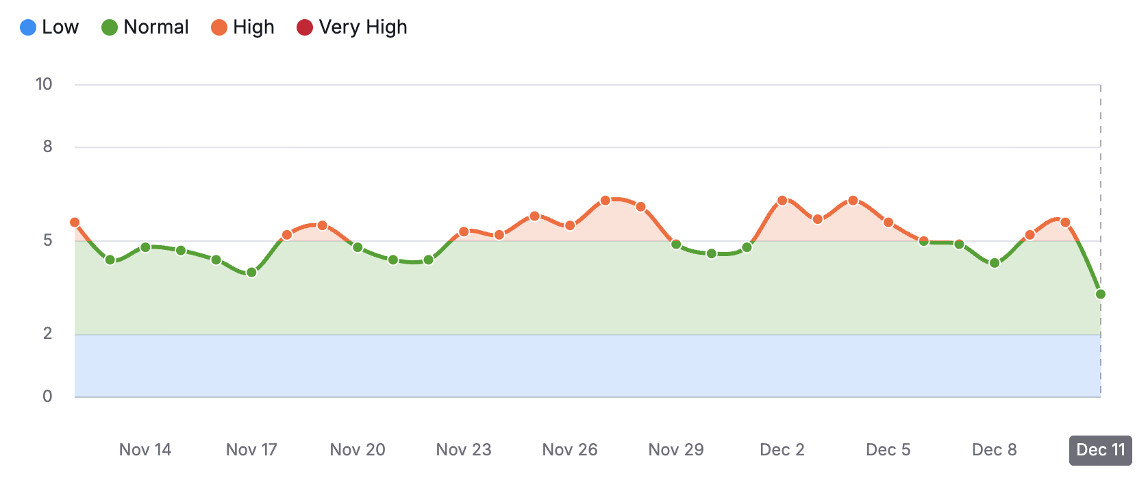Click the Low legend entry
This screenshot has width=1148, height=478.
49,27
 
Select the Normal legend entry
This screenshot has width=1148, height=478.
145,27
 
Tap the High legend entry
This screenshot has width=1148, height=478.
242,27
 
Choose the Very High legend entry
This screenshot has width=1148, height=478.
351,27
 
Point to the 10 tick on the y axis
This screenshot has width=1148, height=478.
44,84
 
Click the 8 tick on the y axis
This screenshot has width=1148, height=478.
47,147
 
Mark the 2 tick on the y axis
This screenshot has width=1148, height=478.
47,334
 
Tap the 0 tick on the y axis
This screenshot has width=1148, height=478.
47,397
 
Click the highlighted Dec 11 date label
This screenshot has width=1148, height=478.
1100,450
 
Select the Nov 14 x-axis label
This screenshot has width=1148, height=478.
145,450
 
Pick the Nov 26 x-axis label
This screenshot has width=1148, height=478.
570,450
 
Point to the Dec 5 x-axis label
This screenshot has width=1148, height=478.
888,450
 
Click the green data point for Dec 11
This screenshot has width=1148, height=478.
1101,294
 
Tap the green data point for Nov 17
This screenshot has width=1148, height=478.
251,273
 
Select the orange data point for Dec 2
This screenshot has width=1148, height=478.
782,201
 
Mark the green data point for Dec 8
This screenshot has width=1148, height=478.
995,263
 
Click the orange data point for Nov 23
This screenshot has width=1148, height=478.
464,231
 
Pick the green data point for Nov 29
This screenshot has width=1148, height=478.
676,244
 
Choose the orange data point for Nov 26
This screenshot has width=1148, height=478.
570,225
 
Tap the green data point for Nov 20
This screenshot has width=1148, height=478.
358,247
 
